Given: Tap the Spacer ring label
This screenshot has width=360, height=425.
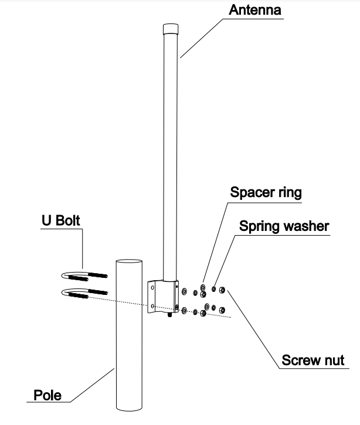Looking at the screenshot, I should click(266, 192).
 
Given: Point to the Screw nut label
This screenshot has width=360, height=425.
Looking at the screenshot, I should click(313, 359).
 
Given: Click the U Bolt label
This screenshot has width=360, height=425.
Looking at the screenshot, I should click(60, 221).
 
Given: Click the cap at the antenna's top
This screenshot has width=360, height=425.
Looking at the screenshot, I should click(169, 29).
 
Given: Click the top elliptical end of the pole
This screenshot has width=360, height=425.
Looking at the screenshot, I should click(129, 265).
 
